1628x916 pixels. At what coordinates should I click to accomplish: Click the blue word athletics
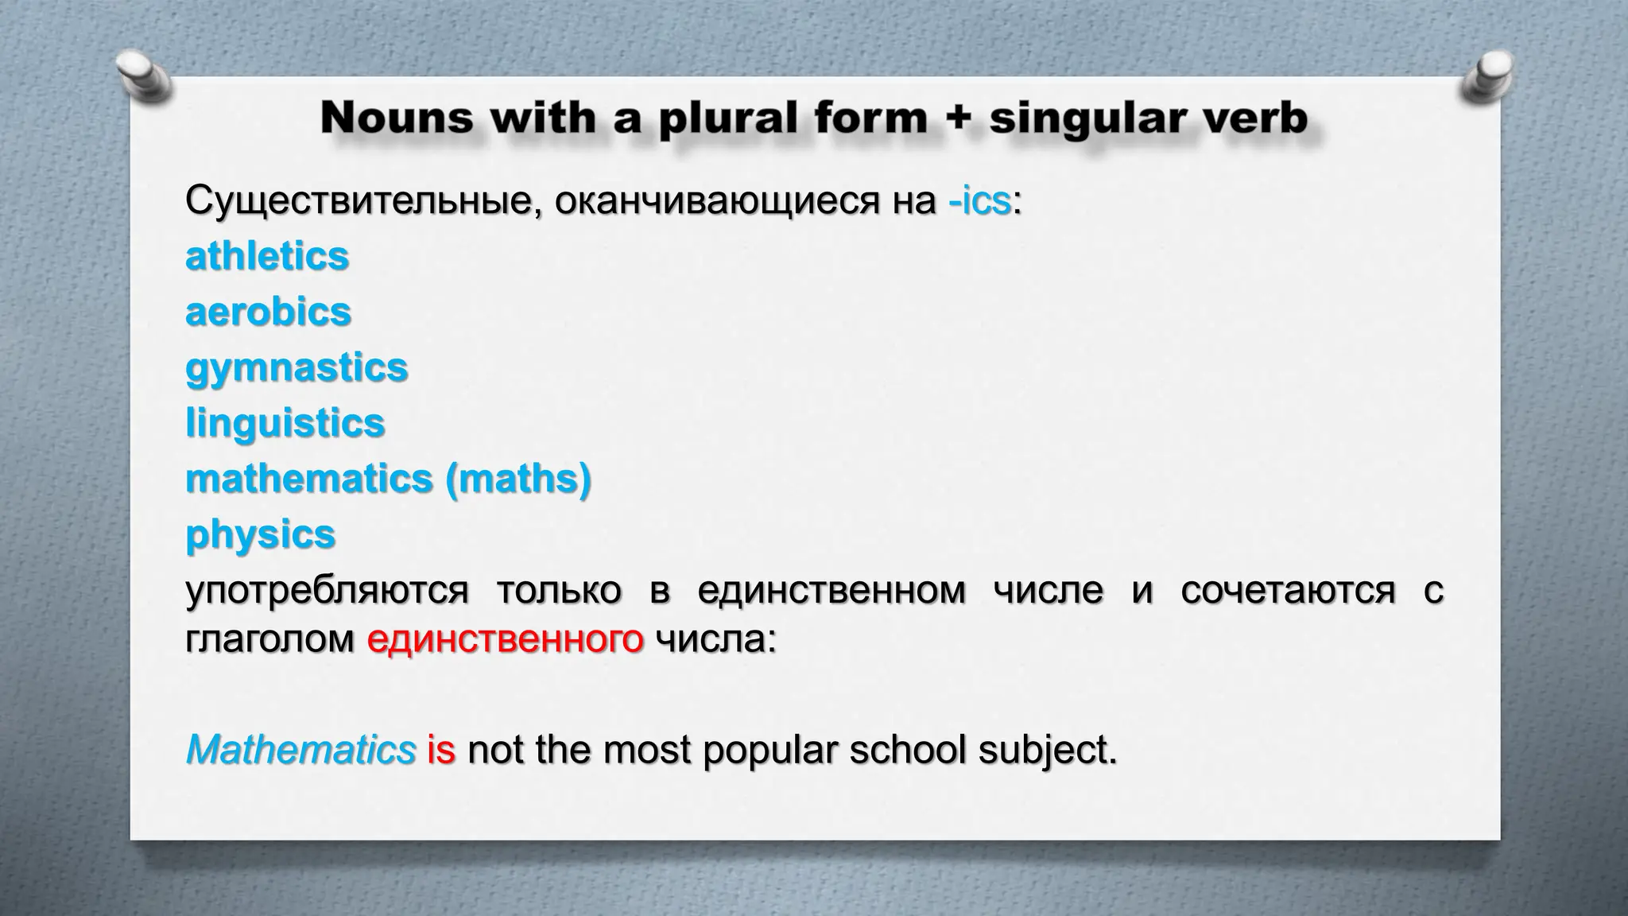pyautogui.click(x=267, y=257)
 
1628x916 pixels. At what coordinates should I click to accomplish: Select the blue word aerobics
pyautogui.click(x=268, y=312)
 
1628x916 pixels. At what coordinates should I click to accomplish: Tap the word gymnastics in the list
pyautogui.click(x=297, y=368)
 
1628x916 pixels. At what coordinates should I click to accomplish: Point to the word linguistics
pyautogui.click(x=285, y=423)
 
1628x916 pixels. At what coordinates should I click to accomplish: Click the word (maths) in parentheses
pyautogui.click(x=518, y=479)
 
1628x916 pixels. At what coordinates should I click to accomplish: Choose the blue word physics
pyautogui.click(x=260, y=534)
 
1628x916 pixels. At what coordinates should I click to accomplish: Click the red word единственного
pyautogui.click(x=505, y=638)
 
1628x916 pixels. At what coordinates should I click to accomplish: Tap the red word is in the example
pyautogui.click(x=440, y=750)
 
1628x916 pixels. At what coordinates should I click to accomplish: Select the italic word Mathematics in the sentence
pyautogui.click(x=300, y=750)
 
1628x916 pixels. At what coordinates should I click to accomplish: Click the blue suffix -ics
pyautogui.click(x=979, y=201)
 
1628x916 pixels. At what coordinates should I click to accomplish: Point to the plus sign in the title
pyautogui.click(x=958, y=119)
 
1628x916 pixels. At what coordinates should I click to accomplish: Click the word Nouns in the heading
pyautogui.click(x=397, y=118)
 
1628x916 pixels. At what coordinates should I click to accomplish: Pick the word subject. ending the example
pyautogui.click(x=1047, y=750)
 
